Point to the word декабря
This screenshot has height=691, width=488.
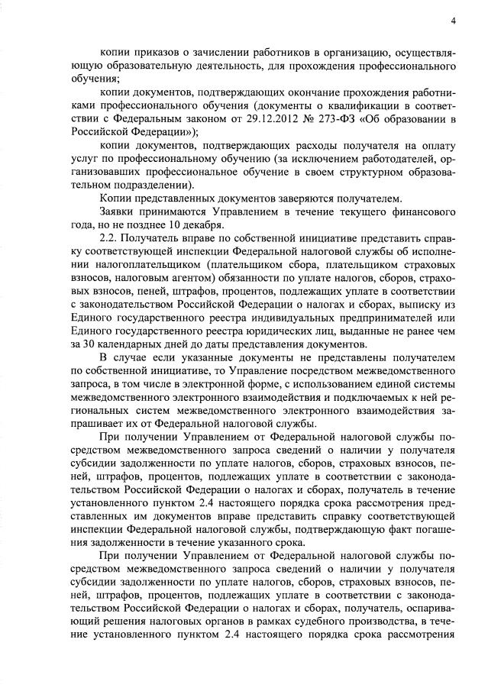click(201, 224)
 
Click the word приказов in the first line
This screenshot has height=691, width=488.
click(156, 52)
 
